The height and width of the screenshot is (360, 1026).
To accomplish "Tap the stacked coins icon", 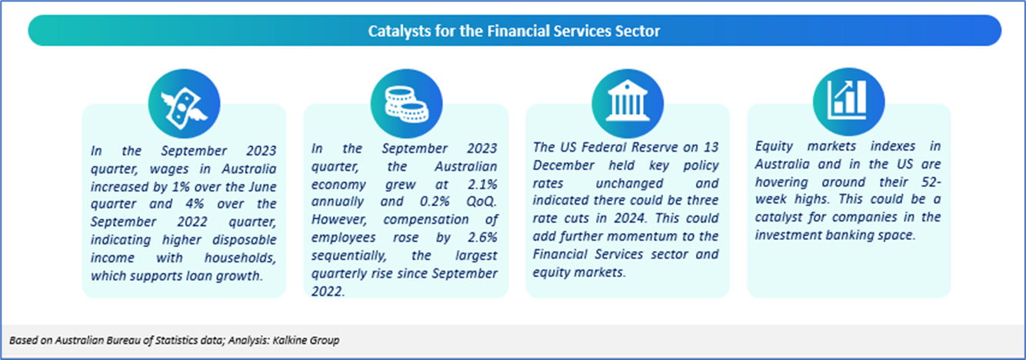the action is [x=407, y=105].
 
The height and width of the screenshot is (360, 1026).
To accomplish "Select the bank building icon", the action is [x=628, y=102].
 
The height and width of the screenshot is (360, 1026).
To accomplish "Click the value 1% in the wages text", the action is [x=181, y=186].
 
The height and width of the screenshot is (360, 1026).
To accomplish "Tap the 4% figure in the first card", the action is [x=195, y=204].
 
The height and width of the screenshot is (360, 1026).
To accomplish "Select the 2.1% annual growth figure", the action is [x=482, y=184].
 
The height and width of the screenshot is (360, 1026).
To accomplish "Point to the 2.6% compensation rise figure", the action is [x=482, y=237].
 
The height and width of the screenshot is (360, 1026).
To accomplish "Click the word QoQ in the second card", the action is [x=481, y=202].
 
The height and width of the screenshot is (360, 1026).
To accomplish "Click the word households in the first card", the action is [x=241, y=258].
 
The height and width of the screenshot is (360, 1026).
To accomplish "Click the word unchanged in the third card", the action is [x=629, y=183].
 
